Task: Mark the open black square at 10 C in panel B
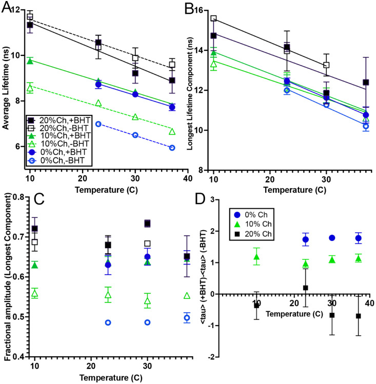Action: tap(213, 18)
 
